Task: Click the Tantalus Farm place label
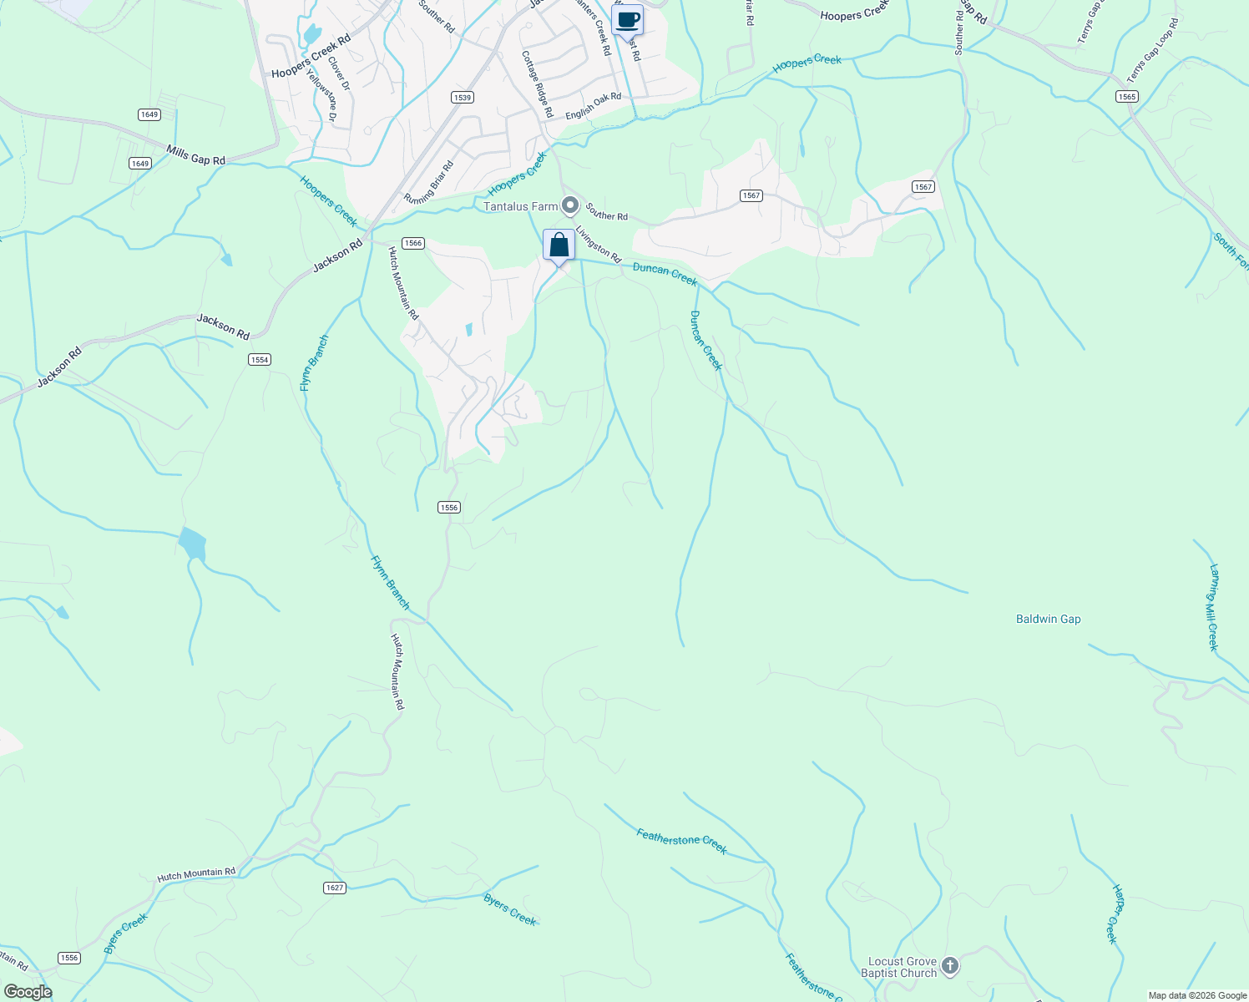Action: point(521,206)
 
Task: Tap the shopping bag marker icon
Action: point(559,245)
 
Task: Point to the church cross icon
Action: point(949,967)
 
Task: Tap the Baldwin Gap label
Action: point(1048,619)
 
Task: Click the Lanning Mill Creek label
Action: point(1214,607)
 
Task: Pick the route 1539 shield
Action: point(463,98)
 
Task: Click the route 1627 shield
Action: point(334,888)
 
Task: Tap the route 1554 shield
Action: point(260,359)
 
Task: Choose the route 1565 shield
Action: point(1126,97)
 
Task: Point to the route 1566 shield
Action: point(413,243)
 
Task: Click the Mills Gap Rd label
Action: point(195,154)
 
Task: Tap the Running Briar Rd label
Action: point(428,182)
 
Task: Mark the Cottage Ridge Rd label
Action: point(538,83)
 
